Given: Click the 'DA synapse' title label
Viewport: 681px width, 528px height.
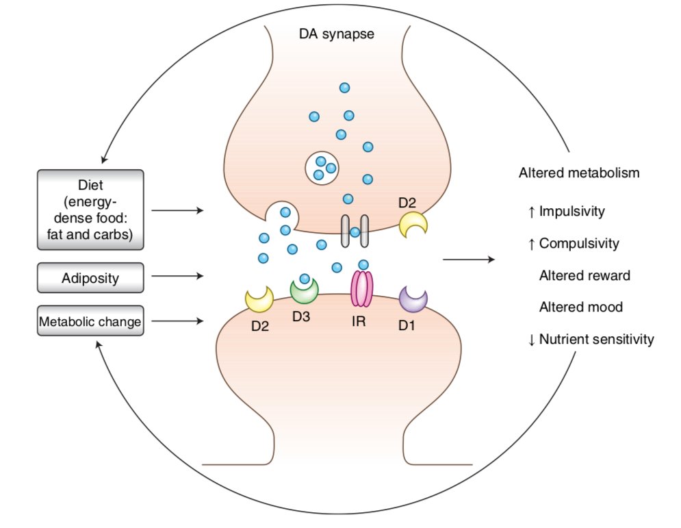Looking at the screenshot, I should pyautogui.click(x=337, y=32).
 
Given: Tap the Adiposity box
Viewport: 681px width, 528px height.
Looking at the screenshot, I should pyautogui.click(x=90, y=279).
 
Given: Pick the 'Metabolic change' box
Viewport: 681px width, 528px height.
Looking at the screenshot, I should pyautogui.click(x=90, y=321).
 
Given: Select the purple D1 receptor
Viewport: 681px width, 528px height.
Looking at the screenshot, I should pyautogui.click(x=413, y=299).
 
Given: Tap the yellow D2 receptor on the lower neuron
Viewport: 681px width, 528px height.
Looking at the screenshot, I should pyautogui.click(x=259, y=298).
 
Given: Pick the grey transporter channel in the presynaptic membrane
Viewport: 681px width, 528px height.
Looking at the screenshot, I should pyautogui.click(x=355, y=231).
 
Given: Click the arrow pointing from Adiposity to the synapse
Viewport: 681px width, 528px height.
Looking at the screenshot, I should pyautogui.click(x=177, y=277).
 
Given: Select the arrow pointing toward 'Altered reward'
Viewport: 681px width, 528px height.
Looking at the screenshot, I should pyautogui.click(x=468, y=260).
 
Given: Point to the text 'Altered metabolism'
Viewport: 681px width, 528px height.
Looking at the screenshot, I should pyautogui.click(x=579, y=173).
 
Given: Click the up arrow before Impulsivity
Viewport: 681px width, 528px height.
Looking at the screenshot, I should pyautogui.click(x=532, y=212).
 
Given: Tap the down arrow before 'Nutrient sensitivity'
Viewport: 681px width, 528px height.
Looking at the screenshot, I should pyautogui.click(x=532, y=340).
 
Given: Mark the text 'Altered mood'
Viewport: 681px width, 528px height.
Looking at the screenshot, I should pyautogui.click(x=581, y=307).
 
